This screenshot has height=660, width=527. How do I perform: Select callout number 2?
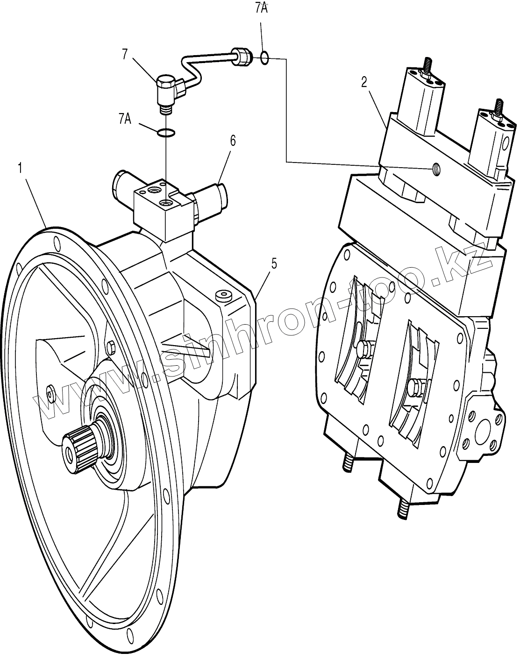pyautogui.click(x=364, y=82)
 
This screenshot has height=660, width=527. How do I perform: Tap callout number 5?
pyautogui.click(x=274, y=263)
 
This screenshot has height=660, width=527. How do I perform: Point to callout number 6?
pyautogui.click(x=233, y=140)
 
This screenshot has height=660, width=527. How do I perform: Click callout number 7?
pyautogui.click(x=125, y=55)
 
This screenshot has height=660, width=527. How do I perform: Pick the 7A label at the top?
pyautogui.click(x=261, y=8)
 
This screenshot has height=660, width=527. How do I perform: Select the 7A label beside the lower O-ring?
pyautogui.click(x=125, y=119)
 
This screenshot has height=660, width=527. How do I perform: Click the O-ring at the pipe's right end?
pyautogui.click(x=264, y=57)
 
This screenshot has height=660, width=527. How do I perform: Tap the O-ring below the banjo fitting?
pyautogui.click(x=166, y=133)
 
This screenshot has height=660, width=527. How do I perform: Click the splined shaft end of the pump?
pyautogui.click(x=75, y=448)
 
